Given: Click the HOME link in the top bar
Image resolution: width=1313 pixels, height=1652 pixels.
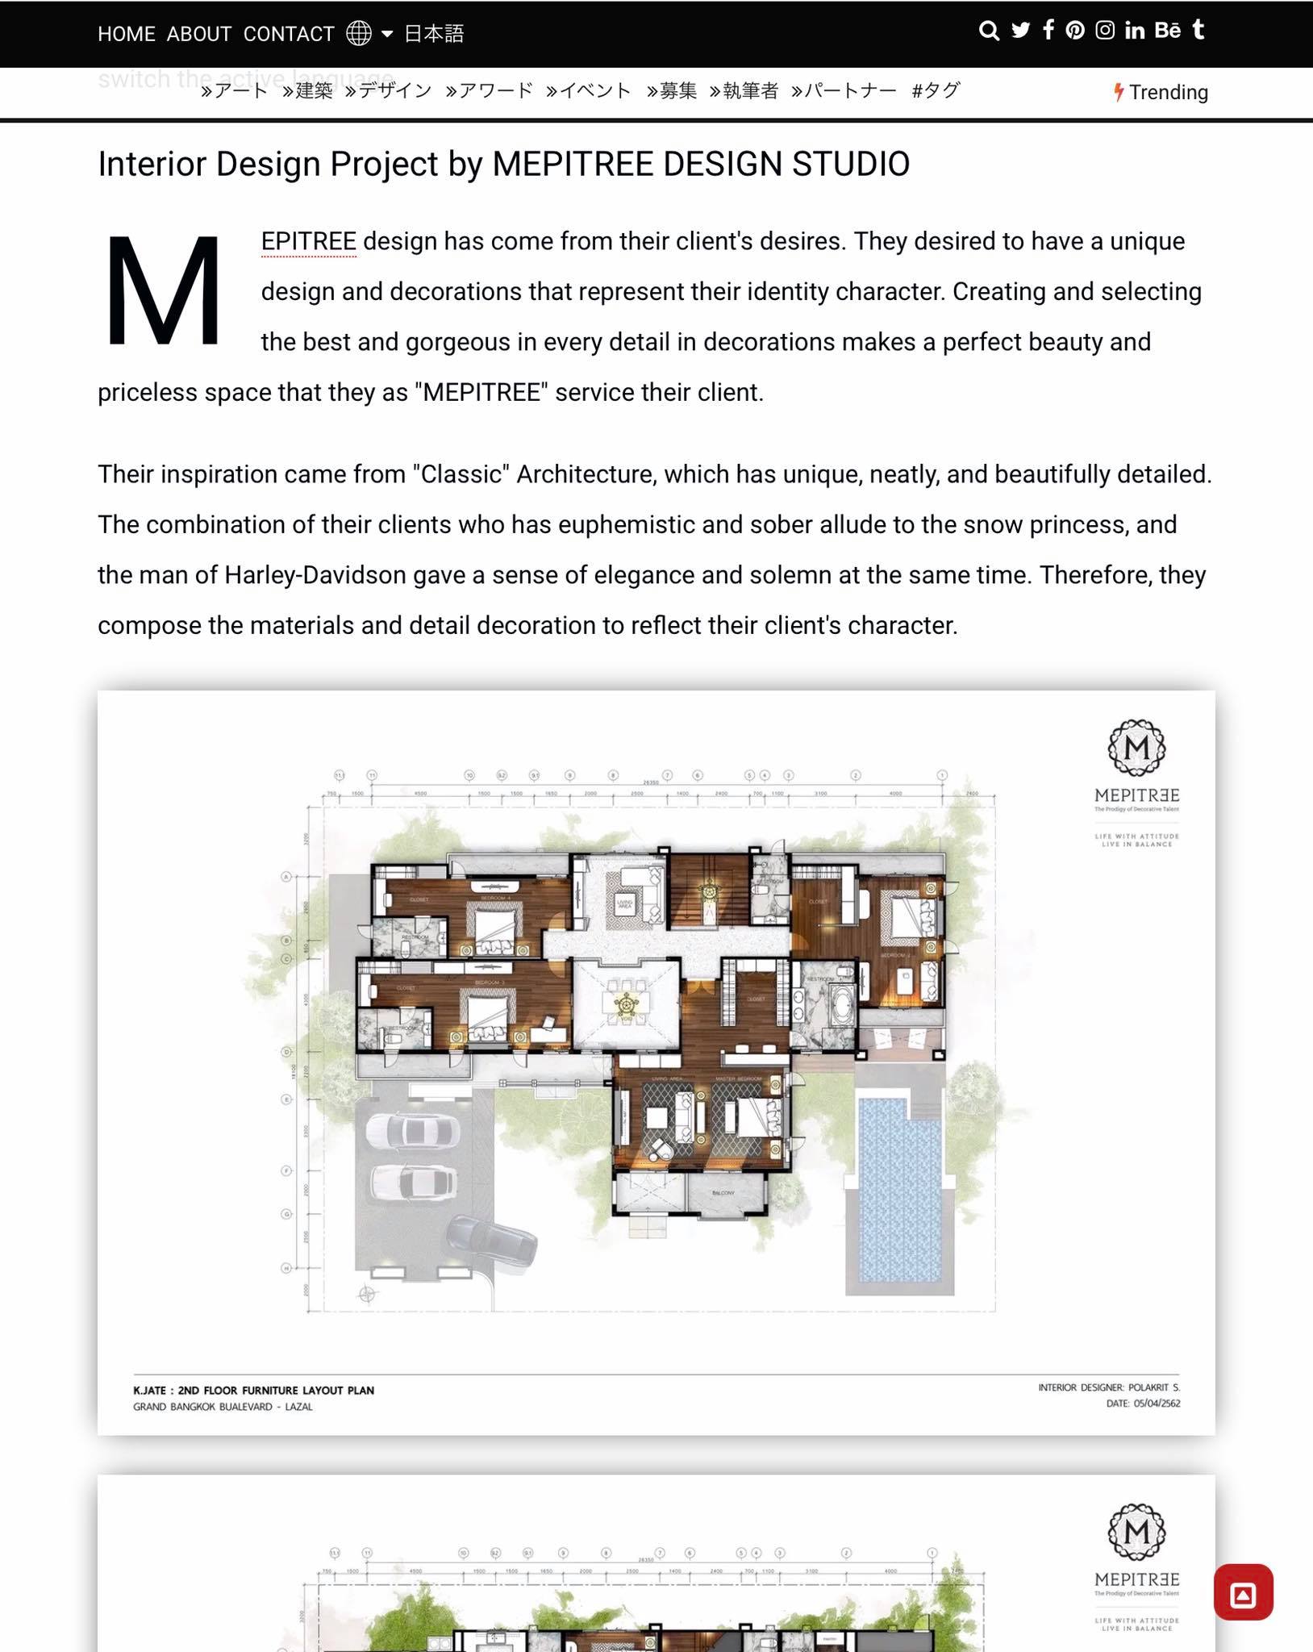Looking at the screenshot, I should [x=127, y=34].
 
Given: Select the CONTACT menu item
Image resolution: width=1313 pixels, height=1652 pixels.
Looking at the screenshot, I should [x=289, y=34].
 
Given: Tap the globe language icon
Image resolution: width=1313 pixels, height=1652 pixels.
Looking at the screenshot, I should [x=359, y=33].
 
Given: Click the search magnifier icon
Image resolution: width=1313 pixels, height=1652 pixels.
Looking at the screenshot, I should [x=989, y=31].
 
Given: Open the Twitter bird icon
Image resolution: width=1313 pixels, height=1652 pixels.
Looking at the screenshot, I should [x=1021, y=31].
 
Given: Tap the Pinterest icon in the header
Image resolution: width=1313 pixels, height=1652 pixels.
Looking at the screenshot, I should [x=1075, y=31].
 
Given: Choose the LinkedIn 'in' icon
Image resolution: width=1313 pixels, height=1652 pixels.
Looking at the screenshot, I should [x=1135, y=31].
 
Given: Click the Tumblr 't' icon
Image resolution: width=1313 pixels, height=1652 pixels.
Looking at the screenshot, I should [x=1198, y=30].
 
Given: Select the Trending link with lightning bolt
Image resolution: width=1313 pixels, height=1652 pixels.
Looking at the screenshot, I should [x=1161, y=92].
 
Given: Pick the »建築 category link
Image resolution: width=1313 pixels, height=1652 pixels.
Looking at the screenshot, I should [x=307, y=90].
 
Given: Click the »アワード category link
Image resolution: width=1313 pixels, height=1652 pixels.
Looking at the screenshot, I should [x=489, y=90].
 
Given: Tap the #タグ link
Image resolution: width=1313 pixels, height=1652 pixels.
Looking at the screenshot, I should [x=936, y=90].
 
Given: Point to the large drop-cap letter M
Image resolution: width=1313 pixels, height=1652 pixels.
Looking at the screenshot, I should [x=164, y=291].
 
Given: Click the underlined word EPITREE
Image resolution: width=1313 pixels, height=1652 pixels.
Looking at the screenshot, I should [x=309, y=241].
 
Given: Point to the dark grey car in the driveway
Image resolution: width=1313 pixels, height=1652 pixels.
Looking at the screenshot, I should [x=491, y=1242].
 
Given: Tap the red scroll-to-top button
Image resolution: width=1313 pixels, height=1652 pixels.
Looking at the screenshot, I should [x=1243, y=1592].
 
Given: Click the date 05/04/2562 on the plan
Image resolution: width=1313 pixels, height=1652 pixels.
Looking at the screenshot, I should [x=1157, y=1404].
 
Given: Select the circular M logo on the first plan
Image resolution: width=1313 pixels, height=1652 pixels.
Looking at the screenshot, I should [x=1136, y=748].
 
